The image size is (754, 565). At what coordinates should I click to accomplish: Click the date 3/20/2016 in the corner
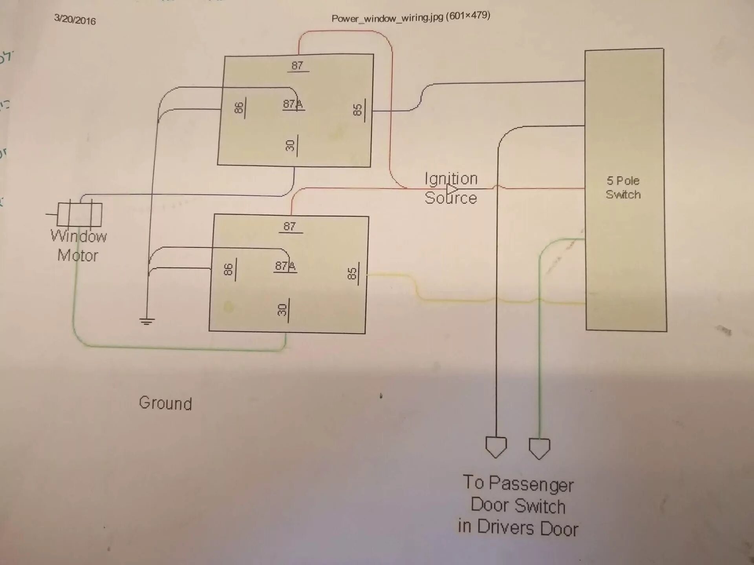pyautogui.click(x=75, y=20)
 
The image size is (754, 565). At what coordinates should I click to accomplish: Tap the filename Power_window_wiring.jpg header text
pyautogui.click(x=410, y=17)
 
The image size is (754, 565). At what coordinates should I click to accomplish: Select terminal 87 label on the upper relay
pyautogui.click(x=297, y=66)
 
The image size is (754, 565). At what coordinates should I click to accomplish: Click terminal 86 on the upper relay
pyautogui.click(x=239, y=108)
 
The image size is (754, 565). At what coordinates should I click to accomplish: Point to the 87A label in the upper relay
pyautogui.click(x=293, y=104)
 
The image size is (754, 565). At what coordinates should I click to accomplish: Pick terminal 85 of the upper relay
pyautogui.click(x=358, y=110)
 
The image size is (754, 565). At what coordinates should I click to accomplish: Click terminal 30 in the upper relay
pyautogui.click(x=291, y=146)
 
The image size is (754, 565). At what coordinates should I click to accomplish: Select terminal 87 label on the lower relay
pyautogui.click(x=289, y=226)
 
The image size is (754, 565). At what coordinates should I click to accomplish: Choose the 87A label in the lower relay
pyautogui.click(x=285, y=266)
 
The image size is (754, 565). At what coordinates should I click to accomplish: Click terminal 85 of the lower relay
pyautogui.click(x=352, y=273)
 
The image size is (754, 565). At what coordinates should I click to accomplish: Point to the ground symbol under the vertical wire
pyautogui.click(x=147, y=322)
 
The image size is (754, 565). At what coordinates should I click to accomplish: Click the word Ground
pyautogui.click(x=165, y=403)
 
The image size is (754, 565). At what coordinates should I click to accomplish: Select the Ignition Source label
pyautogui.click(x=451, y=188)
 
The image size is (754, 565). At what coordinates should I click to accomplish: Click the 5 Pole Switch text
pyautogui.click(x=623, y=188)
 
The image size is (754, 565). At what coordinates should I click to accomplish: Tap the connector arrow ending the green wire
pyautogui.click(x=539, y=448)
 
